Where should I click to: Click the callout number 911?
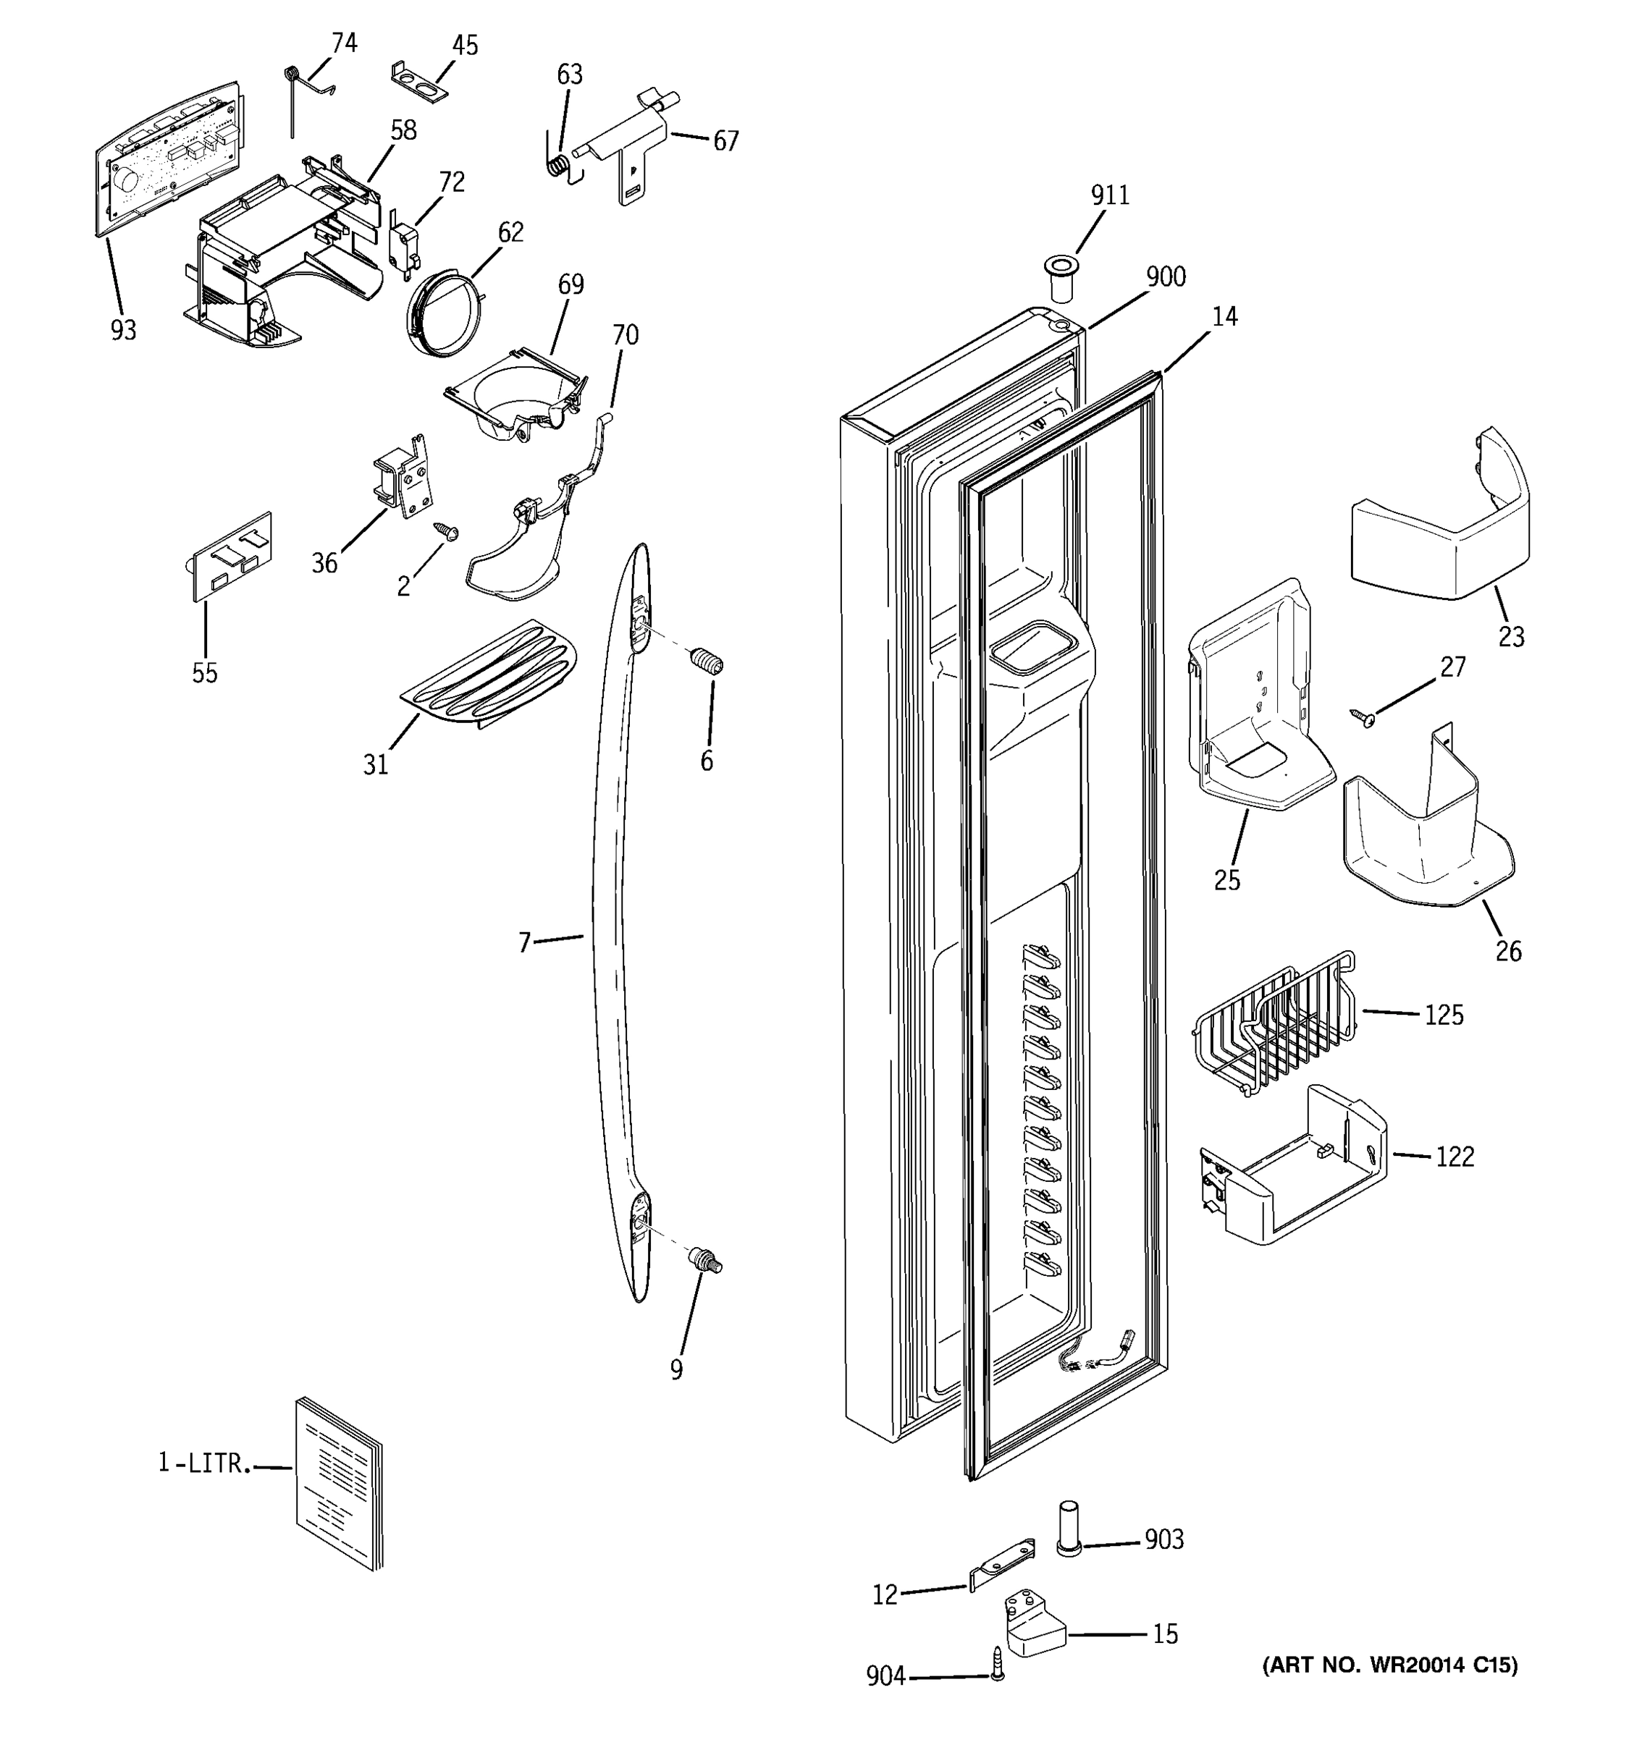click(x=1109, y=195)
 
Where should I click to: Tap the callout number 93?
click(x=123, y=330)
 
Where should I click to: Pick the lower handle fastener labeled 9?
click(x=706, y=1261)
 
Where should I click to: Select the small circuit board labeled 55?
click(x=232, y=557)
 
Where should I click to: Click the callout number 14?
click(x=1224, y=317)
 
